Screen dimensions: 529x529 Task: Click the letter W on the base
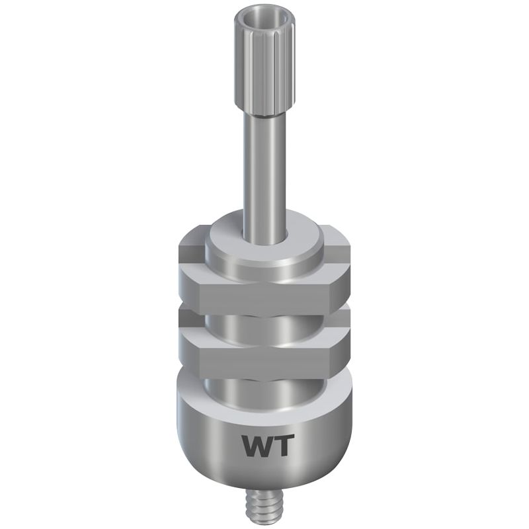257,445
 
